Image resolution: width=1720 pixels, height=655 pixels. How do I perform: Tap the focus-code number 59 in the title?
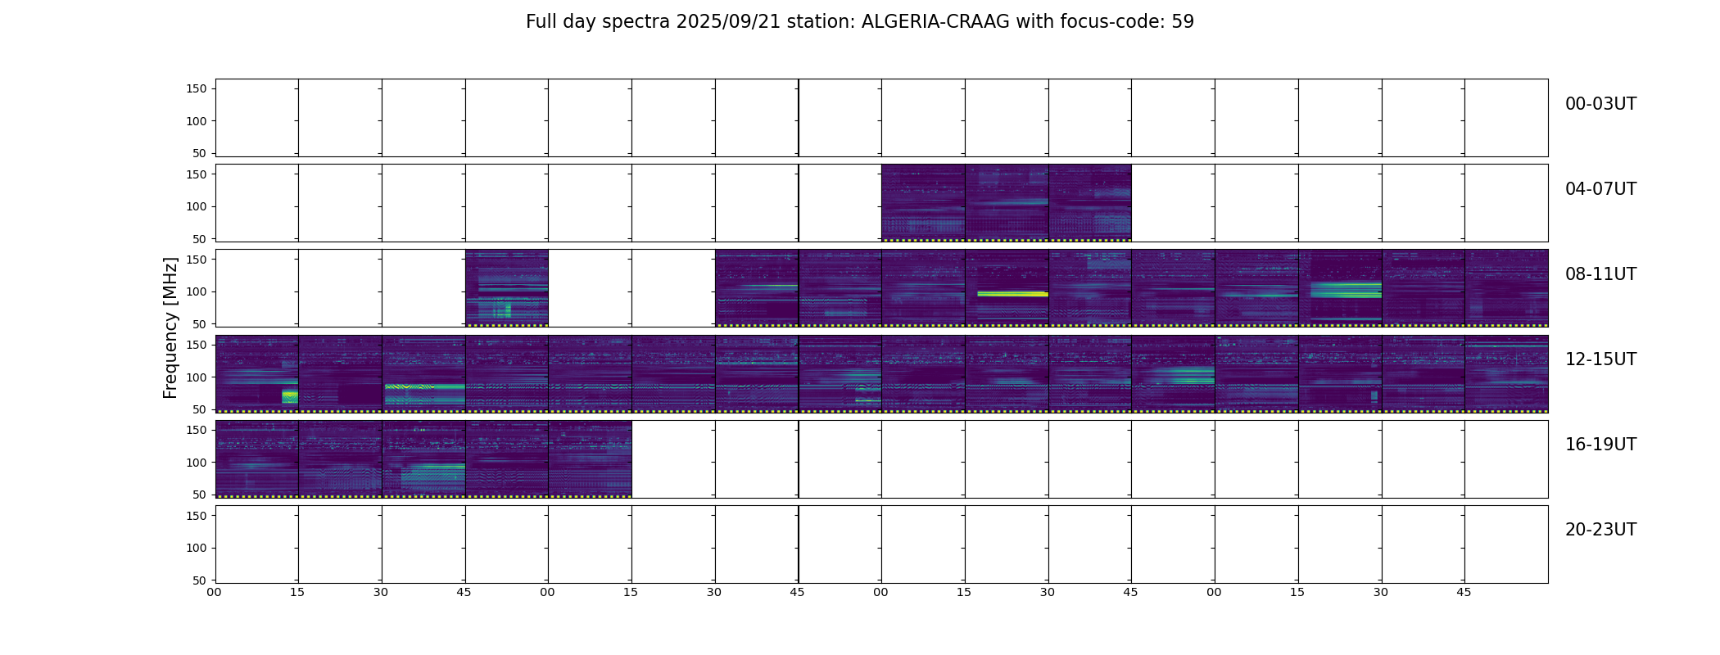pyautogui.click(x=1183, y=22)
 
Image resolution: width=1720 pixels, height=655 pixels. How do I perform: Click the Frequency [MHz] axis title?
pyautogui.click(x=170, y=327)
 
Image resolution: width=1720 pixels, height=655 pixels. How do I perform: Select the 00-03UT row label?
pyautogui.click(x=1600, y=104)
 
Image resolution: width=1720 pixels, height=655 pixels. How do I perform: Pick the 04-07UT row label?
pyautogui.click(x=1600, y=189)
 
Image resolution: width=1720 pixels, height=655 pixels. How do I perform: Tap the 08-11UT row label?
pyautogui.click(x=1600, y=274)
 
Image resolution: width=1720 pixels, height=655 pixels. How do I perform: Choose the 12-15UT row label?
pyautogui.click(x=1600, y=359)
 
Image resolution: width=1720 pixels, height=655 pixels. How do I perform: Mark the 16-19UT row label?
pyautogui.click(x=1600, y=445)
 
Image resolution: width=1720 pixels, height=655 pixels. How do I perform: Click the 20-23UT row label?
pyautogui.click(x=1600, y=530)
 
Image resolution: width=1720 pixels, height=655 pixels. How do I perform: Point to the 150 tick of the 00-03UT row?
pyautogui.click(x=197, y=88)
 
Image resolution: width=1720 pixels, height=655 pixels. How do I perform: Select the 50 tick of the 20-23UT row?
pyautogui.click(x=200, y=580)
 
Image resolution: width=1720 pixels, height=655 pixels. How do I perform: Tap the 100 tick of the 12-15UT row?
pyautogui.click(x=197, y=377)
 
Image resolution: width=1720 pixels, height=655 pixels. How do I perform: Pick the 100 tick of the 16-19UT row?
pyautogui.click(x=197, y=463)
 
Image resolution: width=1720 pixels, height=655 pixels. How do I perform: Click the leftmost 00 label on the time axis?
pyautogui.click(x=214, y=592)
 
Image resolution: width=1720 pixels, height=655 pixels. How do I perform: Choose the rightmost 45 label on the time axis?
pyautogui.click(x=1464, y=592)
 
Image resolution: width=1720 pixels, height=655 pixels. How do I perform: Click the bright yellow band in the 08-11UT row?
pyautogui.click(x=1012, y=293)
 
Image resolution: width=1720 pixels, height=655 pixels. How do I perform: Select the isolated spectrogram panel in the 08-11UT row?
pyautogui.click(x=507, y=288)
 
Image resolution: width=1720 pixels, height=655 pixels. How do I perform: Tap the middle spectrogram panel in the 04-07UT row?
pyautogui.click(x=1007, y=203)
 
